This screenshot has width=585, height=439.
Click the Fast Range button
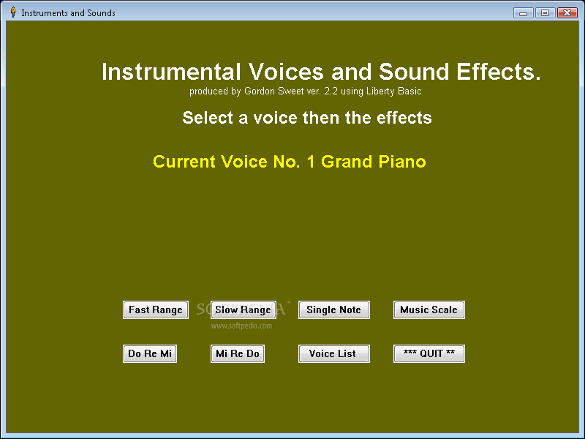point(156,309)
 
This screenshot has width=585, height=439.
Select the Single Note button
point(334,309)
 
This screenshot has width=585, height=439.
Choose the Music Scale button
point(429,309)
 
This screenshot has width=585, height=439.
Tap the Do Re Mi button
point(150,353)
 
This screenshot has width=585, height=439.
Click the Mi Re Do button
point(238,353)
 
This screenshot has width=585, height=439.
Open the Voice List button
point(334,353)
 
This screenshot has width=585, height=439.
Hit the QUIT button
point(429,353)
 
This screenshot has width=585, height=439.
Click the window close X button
point(567,12)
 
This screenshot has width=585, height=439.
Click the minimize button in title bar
point(524,12)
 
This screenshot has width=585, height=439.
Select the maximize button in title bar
point(545,12)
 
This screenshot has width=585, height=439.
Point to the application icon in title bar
point(13,12)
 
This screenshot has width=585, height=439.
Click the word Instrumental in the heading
point(171,72)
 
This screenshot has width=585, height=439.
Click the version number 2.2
point(331,91)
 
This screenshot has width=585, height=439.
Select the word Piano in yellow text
point(402,162)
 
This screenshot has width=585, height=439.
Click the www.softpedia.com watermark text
point(241,326)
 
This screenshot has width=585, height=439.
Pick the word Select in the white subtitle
point(208,118)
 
